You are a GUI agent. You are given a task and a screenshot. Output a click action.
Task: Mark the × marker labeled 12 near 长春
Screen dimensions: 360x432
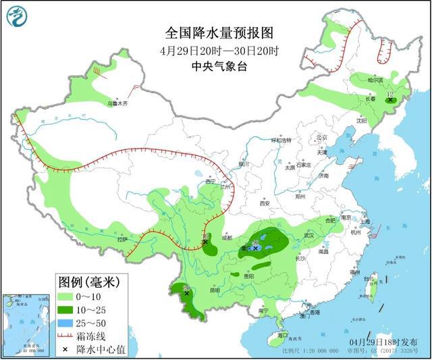click(x=389, y=100)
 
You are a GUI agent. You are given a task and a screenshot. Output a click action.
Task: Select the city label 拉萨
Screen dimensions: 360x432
click(x=122, y=240)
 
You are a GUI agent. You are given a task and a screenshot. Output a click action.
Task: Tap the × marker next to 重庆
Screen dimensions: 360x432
click(x=256, y=248)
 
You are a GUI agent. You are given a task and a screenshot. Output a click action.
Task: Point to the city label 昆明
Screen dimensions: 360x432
click(x=214, y=291)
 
